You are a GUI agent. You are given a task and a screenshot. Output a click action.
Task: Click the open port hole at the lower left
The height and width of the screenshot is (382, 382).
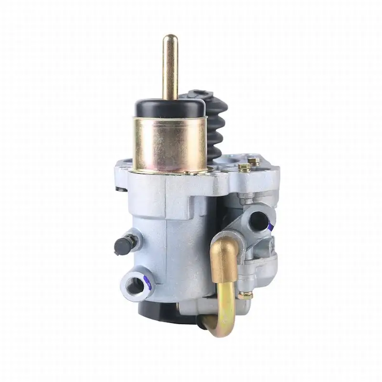pyautogui.click(x=136, y=286)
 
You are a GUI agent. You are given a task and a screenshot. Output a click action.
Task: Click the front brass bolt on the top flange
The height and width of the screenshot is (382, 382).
pyautogui.click(x=244, y=167)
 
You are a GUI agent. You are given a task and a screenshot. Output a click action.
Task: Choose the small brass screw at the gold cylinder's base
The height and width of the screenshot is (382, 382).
pyautogui.click(x=187, y=172)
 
